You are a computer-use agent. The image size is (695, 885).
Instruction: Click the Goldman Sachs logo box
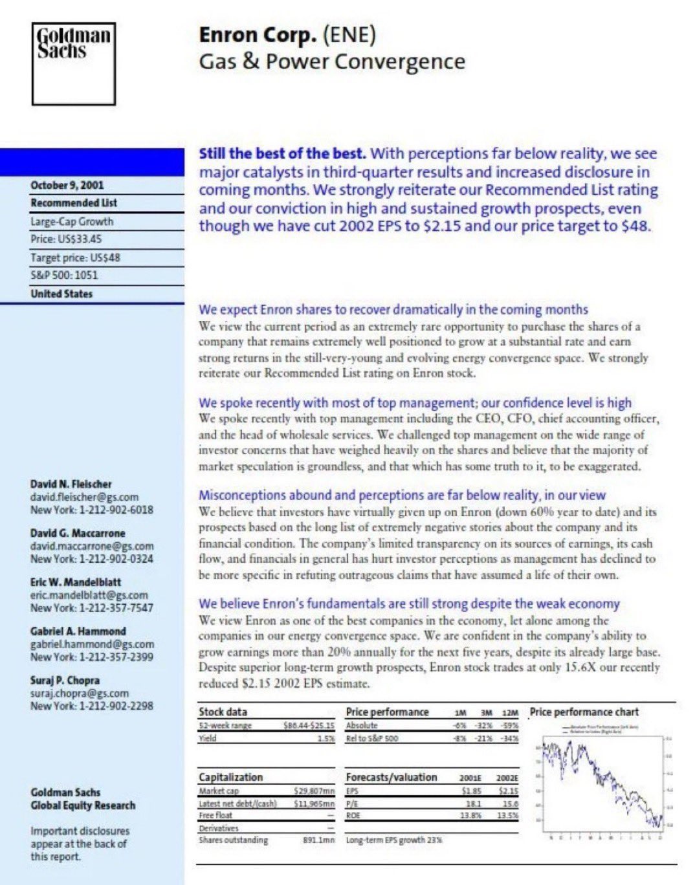pos(74,63)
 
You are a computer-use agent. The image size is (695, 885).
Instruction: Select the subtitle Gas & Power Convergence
pos(332,61)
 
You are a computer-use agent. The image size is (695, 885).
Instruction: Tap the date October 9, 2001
pos(67,185)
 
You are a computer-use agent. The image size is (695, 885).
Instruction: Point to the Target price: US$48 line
pos(75,257)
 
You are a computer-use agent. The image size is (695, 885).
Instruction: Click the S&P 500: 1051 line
pos(64,275)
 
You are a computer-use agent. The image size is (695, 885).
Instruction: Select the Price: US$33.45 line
pos(66,239)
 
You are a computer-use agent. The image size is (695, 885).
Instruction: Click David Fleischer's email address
pos(84,497)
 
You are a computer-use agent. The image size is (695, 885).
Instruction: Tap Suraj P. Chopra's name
pos(65,680)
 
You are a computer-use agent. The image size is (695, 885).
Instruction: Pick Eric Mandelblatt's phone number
pos(91,607)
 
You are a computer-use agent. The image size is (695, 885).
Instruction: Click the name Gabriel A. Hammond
pos(78,631)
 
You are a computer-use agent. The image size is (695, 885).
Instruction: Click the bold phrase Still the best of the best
pos(282,154)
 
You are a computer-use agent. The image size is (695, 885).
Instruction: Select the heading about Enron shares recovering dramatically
pos(393,309)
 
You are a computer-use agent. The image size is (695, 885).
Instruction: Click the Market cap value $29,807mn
pos(314,791)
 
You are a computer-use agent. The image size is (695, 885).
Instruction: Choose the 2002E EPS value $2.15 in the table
pos(508,791)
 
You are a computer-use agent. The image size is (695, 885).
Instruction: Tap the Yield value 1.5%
pos(325,738)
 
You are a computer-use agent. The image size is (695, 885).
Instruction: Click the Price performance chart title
pos(584,712)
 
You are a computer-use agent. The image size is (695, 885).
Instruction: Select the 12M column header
pos(510,713)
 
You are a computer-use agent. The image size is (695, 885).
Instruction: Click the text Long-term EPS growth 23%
pos(394,840)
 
